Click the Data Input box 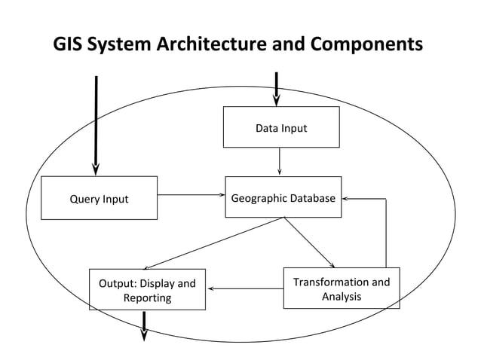click(280, 127)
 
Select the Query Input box click(99, 198)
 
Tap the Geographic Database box click(283, 197)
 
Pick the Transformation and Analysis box click(341, 288)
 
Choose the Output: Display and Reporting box click(147, 289)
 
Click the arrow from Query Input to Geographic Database click(190, 195)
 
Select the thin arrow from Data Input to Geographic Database click(280, 160)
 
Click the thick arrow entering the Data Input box click(277, 89)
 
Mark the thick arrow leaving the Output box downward click(144, 325)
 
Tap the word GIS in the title click(69, 44)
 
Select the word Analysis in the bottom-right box click(341, 297)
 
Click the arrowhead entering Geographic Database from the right click(347, 199)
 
